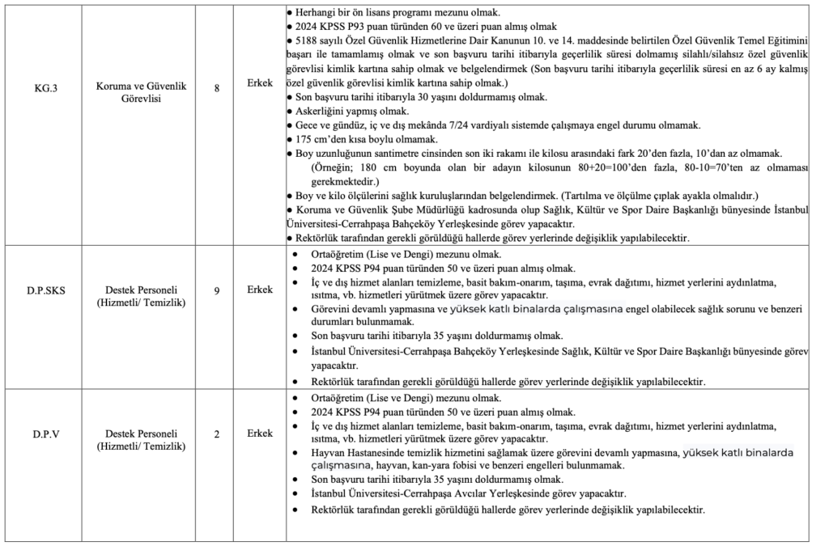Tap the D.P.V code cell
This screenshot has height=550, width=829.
coord(42,434)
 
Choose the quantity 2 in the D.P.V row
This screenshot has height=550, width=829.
coord(217,434)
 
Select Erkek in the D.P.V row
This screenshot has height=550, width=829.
coord(259,434)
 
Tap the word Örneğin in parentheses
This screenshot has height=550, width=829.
coord(332,168)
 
